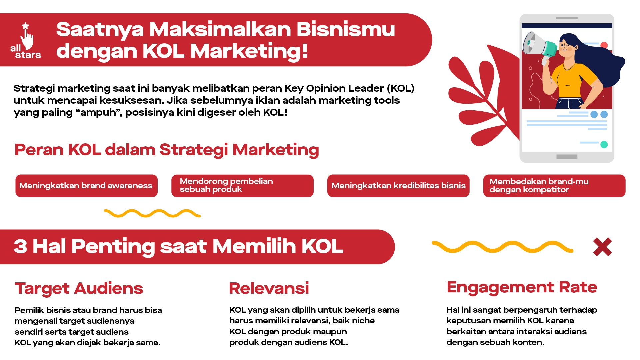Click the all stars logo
(26, 41)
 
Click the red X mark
(602, 247)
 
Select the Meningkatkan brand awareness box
(86, 186)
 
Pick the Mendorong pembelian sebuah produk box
(242, 186)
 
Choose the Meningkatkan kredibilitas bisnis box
(398, 186)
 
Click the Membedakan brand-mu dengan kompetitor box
(554, 186)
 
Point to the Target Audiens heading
(79, 288)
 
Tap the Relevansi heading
(269, 288)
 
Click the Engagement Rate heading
(522, 287)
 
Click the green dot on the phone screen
(604, 145)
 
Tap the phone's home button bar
(567, 157)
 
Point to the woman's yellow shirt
(572, 80)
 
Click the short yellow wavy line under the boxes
(152, 213)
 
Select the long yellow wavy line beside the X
(502, 247)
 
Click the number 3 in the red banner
(20, 247)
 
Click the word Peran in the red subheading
(39, 150)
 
